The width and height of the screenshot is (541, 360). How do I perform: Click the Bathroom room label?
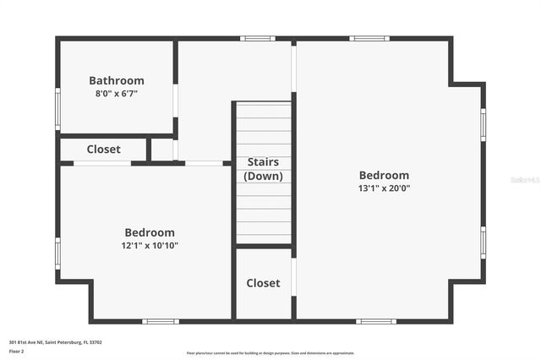[117, 80]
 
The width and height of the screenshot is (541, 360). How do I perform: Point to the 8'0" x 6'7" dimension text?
[117, 94]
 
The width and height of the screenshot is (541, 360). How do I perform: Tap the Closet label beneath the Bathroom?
[103, 149]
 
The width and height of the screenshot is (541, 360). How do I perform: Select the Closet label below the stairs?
[263, 283]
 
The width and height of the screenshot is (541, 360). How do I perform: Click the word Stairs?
[263, 162]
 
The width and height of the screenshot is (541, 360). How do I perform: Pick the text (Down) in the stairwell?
[263, 176]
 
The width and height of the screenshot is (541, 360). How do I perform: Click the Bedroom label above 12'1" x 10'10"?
[150, 232]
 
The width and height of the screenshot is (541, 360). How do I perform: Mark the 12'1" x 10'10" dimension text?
[150, 246]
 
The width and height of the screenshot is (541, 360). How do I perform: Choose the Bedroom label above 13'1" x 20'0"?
[384, 175]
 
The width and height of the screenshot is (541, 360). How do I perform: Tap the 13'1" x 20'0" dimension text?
[384, 188]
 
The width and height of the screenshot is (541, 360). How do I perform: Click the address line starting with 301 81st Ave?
[56, 342]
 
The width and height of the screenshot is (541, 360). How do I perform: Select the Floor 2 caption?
[17, 351]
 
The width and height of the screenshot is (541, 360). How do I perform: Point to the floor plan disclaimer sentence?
[270, 353]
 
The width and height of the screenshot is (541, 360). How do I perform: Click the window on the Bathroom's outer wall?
[58, 106]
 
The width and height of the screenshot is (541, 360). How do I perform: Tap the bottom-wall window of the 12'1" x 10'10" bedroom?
[160, 321]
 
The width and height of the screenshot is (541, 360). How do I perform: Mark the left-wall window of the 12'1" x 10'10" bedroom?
[58, 253]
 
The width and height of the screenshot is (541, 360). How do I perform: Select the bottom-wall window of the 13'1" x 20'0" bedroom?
[375, 321]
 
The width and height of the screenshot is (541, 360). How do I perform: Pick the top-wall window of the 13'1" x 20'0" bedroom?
[369, 38]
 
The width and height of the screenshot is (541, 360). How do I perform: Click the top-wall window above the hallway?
[257, 38]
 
